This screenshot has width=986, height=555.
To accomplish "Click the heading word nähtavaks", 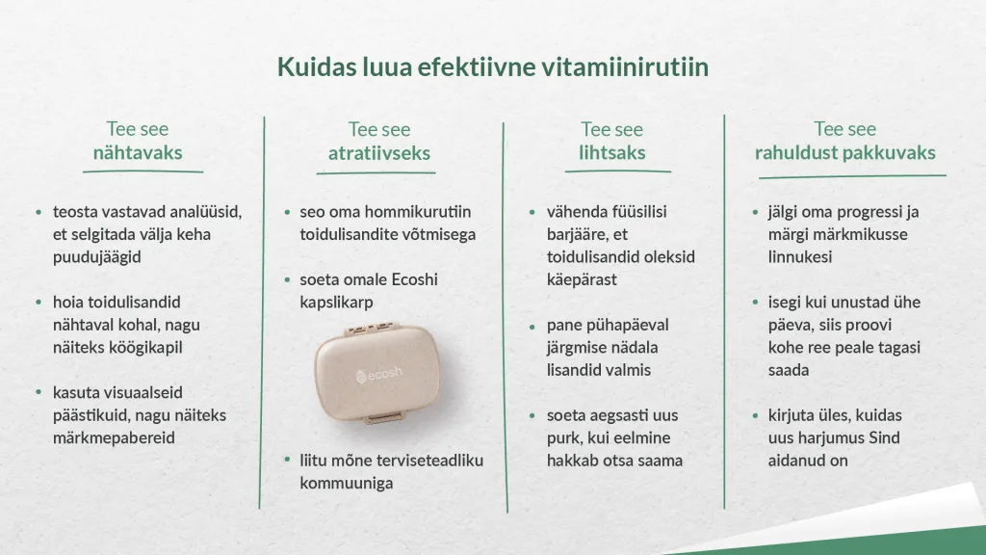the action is pos(138,152).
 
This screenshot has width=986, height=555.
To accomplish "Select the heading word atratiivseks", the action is pos(379,153).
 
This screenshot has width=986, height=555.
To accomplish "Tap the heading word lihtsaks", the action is pos(611,152).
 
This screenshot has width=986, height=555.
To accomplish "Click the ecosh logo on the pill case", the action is pos(378,375).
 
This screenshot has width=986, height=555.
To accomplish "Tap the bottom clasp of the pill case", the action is pos(384,417).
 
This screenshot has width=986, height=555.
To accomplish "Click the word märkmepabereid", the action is pos(114,438).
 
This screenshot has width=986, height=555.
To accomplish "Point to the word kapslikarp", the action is pos(336,302).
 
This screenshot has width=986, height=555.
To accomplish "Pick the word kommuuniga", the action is pos(347,484).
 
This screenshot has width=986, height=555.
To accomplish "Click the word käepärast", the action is pos(582,280).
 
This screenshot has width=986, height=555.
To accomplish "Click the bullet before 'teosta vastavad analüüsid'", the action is pos(39,213).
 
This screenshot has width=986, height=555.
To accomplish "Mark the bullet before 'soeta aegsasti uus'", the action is pos(532,416).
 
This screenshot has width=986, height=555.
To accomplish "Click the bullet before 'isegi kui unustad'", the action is pos(755,303).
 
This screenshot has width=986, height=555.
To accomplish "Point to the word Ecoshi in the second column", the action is pos(414,279).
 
